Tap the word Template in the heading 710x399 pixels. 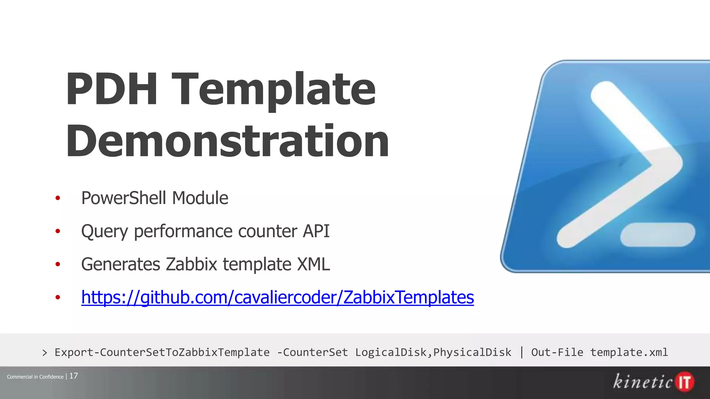point(274,89)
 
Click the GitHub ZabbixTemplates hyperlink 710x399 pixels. point(277,297)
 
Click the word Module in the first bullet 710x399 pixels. point(200,198)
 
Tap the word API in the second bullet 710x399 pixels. point(316,231)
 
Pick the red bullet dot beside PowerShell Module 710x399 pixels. point(58,198)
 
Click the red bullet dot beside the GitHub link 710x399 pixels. point(58,297)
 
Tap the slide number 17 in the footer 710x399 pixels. point(73,376)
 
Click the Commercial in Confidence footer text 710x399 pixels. point(35,377)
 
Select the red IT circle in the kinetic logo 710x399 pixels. point(685,382)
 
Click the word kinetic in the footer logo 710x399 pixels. point(643,382)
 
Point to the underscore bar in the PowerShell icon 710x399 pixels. point(657,234)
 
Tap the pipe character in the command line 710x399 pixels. point(521,352)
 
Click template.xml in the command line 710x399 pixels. point(629,352)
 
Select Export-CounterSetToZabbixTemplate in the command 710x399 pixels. point(162,352)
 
